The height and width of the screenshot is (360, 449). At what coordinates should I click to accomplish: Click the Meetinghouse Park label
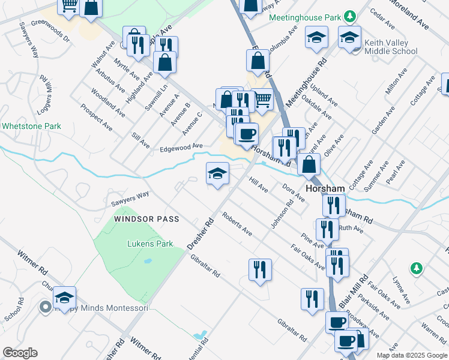click(x=304, y=17)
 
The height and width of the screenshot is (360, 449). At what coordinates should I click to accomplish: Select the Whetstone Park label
click(x=31, y=127)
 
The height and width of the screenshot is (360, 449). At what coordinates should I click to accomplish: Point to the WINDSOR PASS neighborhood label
click(x=146, y=219)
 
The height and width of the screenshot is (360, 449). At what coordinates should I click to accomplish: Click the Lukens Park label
click(x=150, y=244)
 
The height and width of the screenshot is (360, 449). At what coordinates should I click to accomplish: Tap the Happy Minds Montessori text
click(x=102, y=308)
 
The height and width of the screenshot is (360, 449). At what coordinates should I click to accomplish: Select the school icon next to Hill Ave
click(x=217, y=175)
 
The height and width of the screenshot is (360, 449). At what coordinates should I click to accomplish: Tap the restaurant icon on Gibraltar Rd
click(x=260, y=269)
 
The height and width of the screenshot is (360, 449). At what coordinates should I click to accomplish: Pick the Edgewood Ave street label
click(x=181, y=146)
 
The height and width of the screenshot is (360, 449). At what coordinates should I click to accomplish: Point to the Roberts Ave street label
click(x=237, y=224)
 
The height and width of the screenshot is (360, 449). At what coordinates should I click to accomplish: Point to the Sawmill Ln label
click(x=156, y=97)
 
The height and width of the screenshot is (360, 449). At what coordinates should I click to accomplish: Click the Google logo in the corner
click(x=20, y=353)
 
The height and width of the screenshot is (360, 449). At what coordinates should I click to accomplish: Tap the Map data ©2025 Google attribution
click(x=412, y=355)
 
